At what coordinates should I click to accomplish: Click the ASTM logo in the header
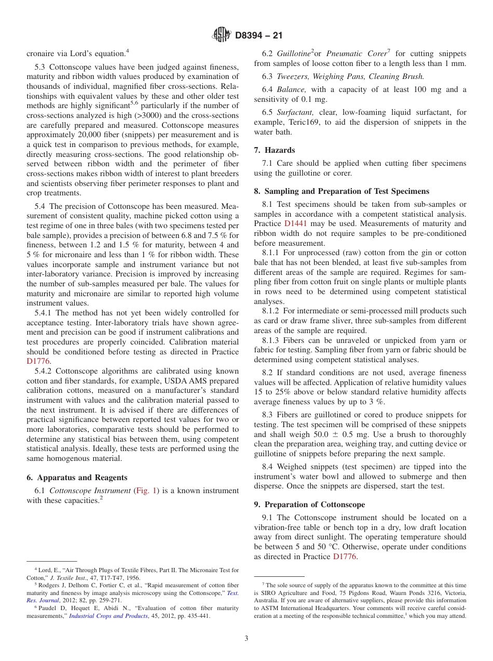pos(222,35)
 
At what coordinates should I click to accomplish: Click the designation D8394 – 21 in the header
pos(258,36)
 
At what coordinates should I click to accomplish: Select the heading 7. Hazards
pos(275,150)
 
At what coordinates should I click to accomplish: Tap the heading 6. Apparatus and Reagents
pos(77,478)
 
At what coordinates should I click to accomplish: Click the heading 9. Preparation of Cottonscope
pos(309,505)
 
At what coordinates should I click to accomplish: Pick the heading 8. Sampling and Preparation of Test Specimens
pos(341,191)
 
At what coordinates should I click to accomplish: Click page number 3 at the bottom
pos(246,638)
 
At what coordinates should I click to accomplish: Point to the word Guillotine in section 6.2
pos(293,54)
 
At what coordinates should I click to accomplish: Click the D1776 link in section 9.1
pos(344,557)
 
